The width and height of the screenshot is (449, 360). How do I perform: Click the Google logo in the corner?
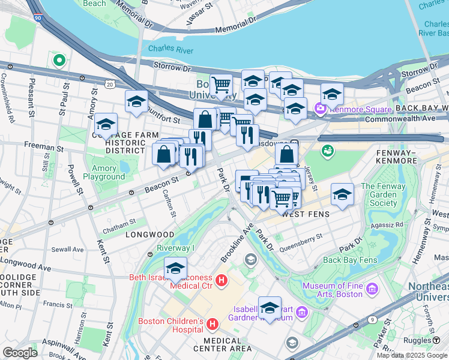[x=20, y=352]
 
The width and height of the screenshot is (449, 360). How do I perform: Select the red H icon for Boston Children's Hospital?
[x=211, y=325]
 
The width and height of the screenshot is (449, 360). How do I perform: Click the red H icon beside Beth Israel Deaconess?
[x=221, y=280]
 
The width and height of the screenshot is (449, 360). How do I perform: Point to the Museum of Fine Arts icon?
[x=372, y=290]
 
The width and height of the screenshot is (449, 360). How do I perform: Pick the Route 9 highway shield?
[x=373, y=321]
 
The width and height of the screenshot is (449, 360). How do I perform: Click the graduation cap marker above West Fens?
[x=342, y=194]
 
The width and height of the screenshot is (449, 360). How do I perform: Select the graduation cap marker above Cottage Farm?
[x=106, y=124]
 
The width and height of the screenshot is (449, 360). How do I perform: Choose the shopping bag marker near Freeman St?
[x=164, y=155]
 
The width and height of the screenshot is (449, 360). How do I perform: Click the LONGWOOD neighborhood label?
[x=149, y=235]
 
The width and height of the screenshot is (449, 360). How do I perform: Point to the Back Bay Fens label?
[x=349, y=260]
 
